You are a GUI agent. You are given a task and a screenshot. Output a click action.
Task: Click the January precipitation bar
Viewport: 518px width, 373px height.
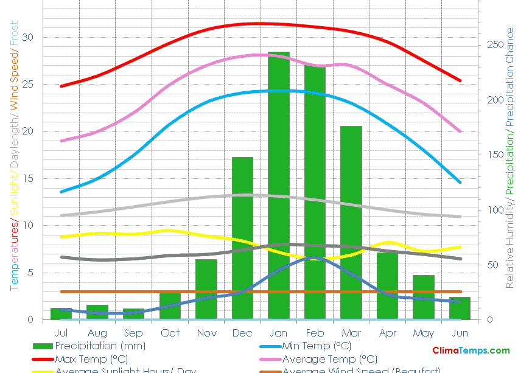279,183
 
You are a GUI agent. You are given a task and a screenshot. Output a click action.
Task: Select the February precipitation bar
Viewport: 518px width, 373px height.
315,189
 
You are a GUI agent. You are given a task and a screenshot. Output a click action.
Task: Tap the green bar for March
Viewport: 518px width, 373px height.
351,219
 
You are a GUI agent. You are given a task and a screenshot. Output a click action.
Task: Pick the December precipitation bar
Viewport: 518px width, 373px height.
242,237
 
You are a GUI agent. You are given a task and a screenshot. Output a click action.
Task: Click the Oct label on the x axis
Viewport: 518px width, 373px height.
170,333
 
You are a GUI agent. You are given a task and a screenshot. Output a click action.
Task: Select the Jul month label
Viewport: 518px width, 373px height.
61,333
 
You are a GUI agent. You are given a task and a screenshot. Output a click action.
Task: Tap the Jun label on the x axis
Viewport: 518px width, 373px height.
460,333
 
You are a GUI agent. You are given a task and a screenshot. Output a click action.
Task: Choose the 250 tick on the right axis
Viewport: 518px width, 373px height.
494,45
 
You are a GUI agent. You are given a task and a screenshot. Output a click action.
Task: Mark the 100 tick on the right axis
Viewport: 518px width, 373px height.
494,210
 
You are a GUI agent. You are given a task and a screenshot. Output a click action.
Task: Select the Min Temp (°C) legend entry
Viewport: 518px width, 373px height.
317,346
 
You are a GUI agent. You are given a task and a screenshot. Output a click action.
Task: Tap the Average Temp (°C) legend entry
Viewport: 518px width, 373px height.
329,359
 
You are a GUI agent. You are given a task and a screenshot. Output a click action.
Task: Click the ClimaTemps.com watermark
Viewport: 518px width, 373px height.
471,350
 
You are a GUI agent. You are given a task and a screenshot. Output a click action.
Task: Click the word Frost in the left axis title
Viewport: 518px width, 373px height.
14,33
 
